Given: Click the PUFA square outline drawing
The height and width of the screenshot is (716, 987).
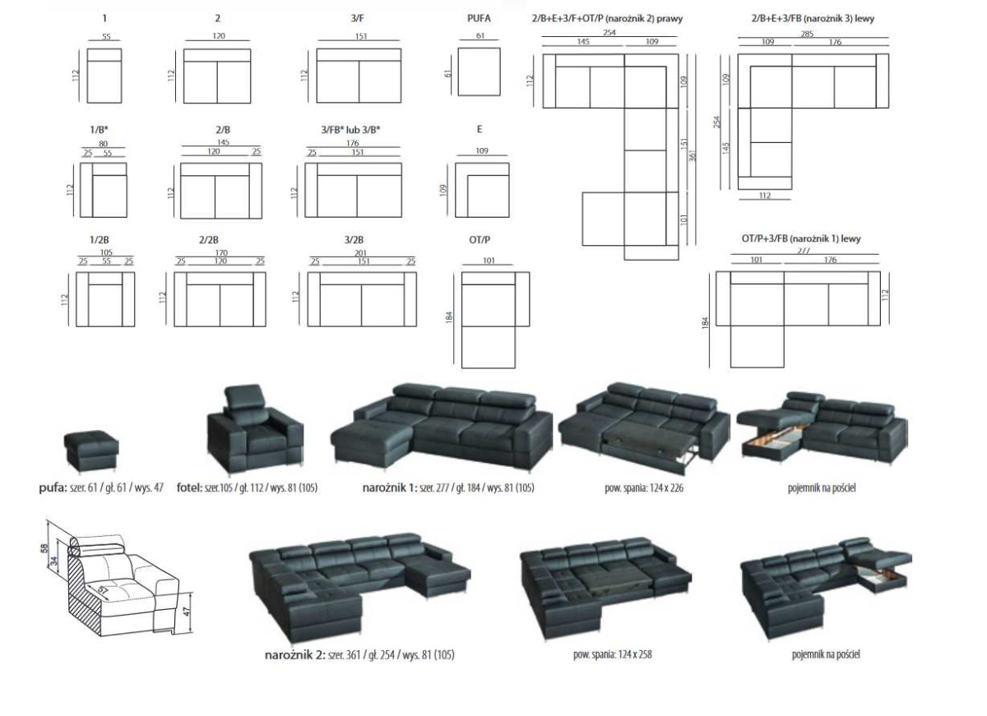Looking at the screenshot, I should (479, 72).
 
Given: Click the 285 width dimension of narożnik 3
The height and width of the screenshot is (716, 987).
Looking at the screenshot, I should (813, 34).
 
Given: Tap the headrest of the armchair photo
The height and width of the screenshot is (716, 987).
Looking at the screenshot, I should (246, 398).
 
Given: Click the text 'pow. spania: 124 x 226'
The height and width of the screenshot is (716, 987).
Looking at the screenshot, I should (643, 487).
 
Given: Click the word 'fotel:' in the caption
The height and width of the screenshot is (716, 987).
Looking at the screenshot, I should (190, 487).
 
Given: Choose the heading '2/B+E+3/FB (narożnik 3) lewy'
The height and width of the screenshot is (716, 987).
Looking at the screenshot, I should (813, 18).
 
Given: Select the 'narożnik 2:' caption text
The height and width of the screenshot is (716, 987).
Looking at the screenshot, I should (294, 655).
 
